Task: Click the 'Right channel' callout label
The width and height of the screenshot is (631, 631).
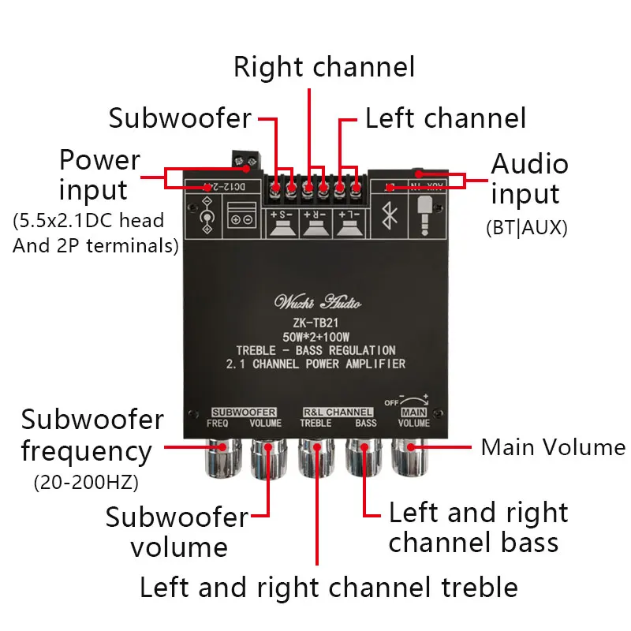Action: coord(323,67)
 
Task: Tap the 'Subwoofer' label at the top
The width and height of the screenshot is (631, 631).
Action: coord(180,118)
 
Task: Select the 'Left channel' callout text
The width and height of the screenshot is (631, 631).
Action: coord(445,118)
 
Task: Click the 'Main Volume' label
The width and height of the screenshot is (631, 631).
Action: coord(553,447)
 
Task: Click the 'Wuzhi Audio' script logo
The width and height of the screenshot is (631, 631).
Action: coord(317,301)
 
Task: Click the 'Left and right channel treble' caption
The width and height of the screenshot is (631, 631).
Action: coord(328,587)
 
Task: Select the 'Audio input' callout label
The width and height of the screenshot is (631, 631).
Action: coord(529,178)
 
